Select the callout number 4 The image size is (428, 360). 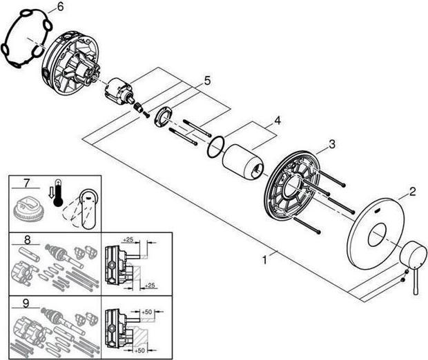click(277, 120)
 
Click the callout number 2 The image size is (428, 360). click(412, 192)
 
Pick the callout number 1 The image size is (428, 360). click(264, 261)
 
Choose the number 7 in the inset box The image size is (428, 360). click(27, 183)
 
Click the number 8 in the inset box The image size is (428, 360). click(27, 241)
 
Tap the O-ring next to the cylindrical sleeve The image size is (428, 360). click(216, 146)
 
